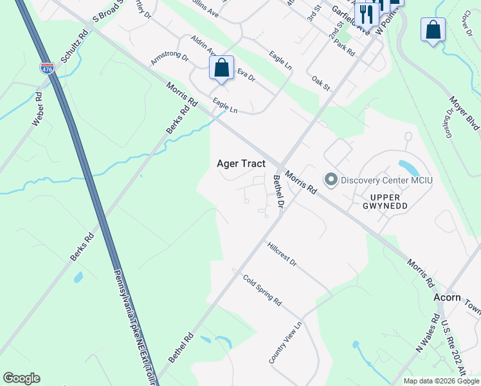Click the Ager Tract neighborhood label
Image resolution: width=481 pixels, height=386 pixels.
tap(240, 163)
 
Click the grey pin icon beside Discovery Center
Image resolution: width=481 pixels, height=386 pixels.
tap(331, 179)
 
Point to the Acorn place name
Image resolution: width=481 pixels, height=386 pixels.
tap(447, 297)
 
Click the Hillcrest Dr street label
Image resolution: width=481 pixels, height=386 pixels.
tap(282, 254)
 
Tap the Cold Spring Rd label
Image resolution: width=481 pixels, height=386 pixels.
tap(262, 290)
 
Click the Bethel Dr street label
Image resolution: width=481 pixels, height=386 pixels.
tap(278, 192)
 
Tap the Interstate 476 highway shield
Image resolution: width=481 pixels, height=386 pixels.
tap(47, 68)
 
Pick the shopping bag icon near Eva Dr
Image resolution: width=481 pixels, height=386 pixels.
tap(221, 68)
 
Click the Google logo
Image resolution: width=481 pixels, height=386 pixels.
tap(21, 378)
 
